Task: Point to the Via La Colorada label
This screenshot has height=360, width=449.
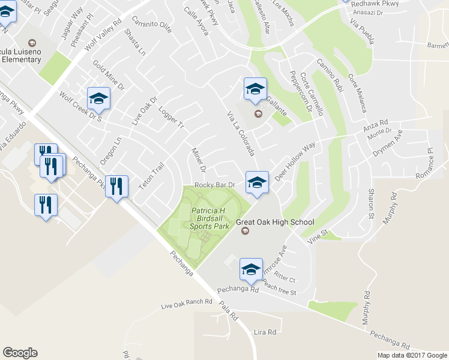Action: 241,133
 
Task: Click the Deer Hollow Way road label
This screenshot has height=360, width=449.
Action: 295,162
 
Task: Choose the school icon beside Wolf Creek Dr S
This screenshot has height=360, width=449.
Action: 98,99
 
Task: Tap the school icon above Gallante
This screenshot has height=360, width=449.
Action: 255,89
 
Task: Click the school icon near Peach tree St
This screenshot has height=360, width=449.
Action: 250,269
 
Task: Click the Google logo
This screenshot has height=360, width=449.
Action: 20,353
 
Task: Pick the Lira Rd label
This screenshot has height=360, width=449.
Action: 265,332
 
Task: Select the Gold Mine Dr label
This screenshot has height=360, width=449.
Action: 108,74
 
